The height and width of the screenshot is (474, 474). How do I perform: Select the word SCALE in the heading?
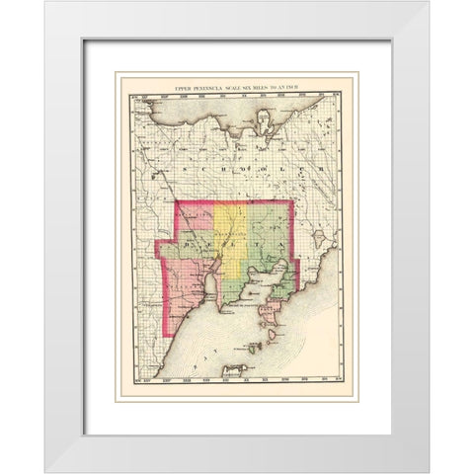point(243,88)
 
